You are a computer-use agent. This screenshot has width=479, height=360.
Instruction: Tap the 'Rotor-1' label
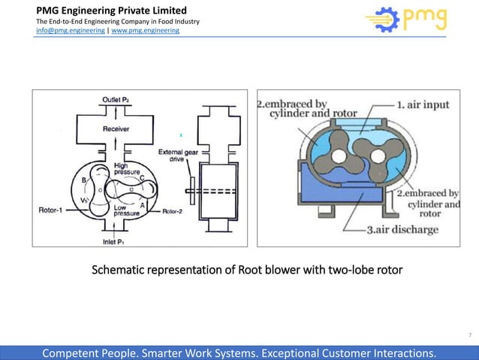point(52,210)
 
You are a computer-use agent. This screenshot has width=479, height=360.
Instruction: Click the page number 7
point(469,334)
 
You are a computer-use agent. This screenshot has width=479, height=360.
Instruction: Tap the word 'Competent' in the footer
point(74,352)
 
